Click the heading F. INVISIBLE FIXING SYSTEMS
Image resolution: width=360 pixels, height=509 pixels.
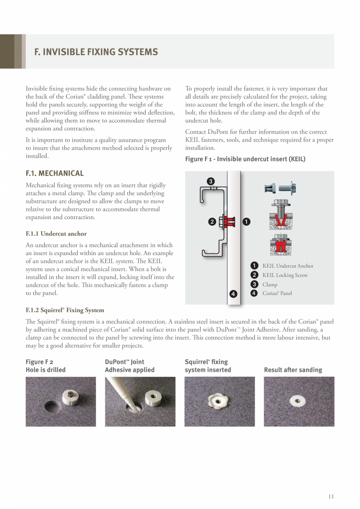pos(96,52)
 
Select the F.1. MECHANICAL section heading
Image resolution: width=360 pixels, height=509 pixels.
pos(54,173)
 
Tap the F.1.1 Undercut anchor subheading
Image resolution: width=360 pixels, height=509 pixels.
pos(56,234)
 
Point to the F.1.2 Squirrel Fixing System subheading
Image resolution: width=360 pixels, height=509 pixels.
pos(65,310)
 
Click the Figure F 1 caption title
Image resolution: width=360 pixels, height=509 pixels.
pos(245,159)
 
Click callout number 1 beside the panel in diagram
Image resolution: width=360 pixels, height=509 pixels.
pos(246,221)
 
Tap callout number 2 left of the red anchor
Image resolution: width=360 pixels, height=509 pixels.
pos(212,222)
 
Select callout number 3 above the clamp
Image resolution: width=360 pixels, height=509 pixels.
pos(211,181)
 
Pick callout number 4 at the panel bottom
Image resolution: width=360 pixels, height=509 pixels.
pos(233,294)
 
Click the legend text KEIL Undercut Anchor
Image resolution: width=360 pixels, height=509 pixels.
pos(288,266)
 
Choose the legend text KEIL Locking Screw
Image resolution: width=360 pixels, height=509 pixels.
pos(285,275)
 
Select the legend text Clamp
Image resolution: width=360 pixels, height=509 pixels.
pos(270,284)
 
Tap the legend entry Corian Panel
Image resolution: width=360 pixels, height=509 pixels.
pos(277,293)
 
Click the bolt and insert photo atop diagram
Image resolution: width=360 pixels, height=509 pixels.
pos(280,188)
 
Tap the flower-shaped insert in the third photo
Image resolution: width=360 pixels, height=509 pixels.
pos(218,401)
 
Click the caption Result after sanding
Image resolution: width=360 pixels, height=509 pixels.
pos(293,370)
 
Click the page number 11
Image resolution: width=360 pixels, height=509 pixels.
pos(331,496)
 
